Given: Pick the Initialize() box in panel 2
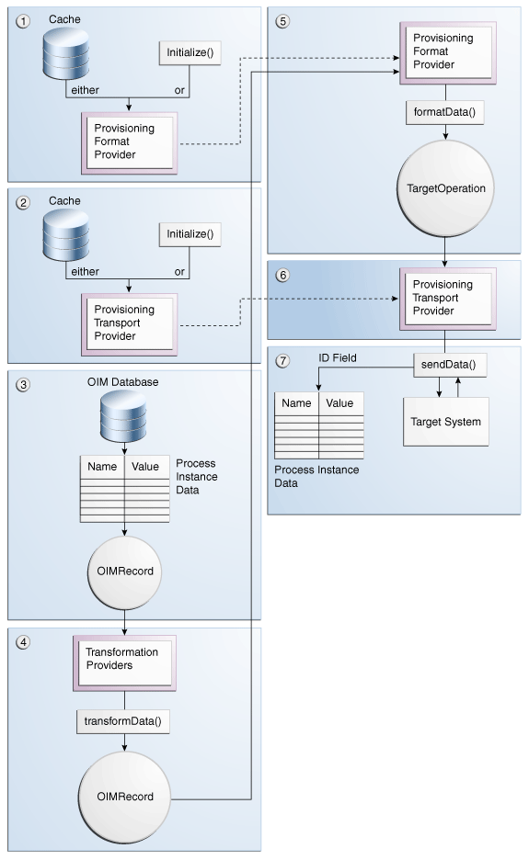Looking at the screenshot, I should [x=190, y=234].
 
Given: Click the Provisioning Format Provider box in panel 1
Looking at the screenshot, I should [x=128, y=141].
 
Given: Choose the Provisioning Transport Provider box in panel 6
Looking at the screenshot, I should [x=445, y=298].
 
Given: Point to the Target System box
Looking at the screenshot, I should [x=445, y=422].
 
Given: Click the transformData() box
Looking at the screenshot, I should [x=124, y=721].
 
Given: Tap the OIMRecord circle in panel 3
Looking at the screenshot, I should [x=124, y=571].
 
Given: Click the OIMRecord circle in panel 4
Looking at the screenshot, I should [x=124, y=796].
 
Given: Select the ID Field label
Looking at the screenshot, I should [x=339, y=357].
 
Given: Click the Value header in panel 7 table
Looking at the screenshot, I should [x=339, y=402].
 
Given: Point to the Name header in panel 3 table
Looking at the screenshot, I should [x=102, y=467].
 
